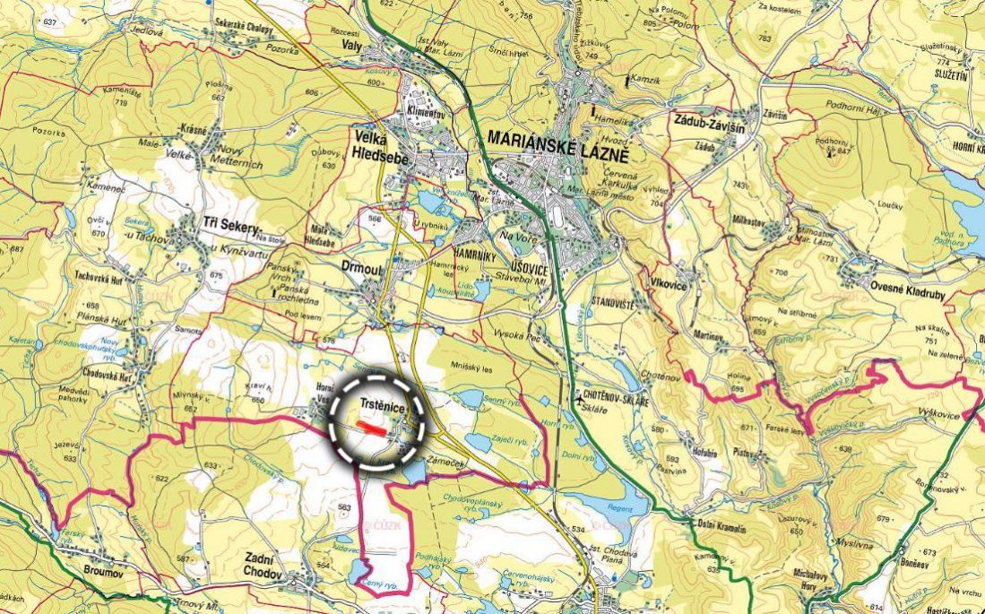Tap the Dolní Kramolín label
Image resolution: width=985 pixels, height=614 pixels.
[721, 525]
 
